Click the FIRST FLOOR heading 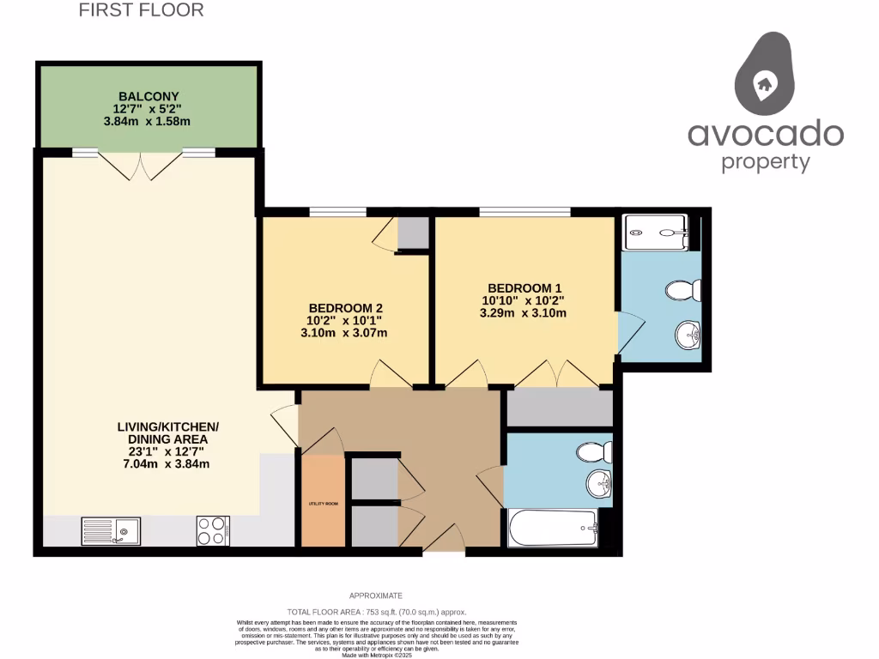click(142, 10)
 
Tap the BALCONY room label click(149, 95)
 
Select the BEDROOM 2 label click(345, 308)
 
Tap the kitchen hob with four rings click(213, 530)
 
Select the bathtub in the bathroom click(552, 528)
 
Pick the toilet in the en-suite click(683, 291)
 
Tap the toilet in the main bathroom click(595, 451)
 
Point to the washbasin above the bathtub click(600, 485)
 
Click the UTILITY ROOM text click(323, 504)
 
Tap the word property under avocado click(765, 161)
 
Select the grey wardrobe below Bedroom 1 click(558, 408)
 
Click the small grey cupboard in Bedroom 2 click(413, 233)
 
